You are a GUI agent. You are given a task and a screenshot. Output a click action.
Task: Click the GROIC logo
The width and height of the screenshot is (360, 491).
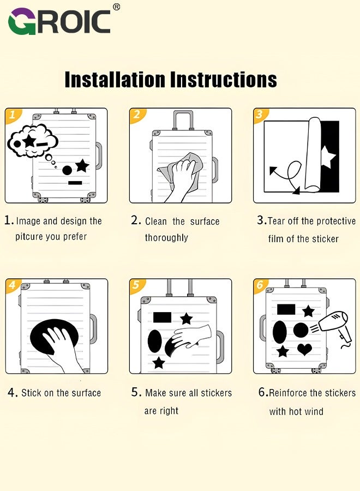[x=59, y=21]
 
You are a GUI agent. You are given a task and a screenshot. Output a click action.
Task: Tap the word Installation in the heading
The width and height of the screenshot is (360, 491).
[x=115, y=80]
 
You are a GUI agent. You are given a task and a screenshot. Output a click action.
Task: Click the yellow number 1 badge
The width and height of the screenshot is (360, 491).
[x=13, y=115]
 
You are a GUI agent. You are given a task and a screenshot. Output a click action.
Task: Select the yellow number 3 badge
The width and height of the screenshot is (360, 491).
[x=260, y=115]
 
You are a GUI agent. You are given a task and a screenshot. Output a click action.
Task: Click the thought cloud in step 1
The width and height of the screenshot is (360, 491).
[x=33, y=141]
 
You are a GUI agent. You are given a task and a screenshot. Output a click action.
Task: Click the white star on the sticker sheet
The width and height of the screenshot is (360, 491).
[x=328, y=156]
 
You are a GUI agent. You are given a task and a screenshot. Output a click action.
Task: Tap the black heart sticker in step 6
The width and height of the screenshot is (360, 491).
[x=304, y=349]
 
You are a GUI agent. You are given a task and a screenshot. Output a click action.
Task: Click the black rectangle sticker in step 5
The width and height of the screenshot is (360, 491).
[x=162, y=317]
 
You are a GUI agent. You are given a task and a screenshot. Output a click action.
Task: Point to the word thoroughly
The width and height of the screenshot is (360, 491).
[x=166, y=238]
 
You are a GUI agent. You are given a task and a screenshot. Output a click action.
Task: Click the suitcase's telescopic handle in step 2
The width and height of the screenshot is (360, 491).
[x=183, y=119]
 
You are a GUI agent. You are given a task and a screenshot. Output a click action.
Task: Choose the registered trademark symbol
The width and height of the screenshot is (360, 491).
[x=116, y=7]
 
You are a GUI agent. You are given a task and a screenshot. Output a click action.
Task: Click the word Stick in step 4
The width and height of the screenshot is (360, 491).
[x=31, y=393]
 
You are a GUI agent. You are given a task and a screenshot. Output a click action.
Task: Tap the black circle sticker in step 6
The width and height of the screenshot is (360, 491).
[x=301, y=330]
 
